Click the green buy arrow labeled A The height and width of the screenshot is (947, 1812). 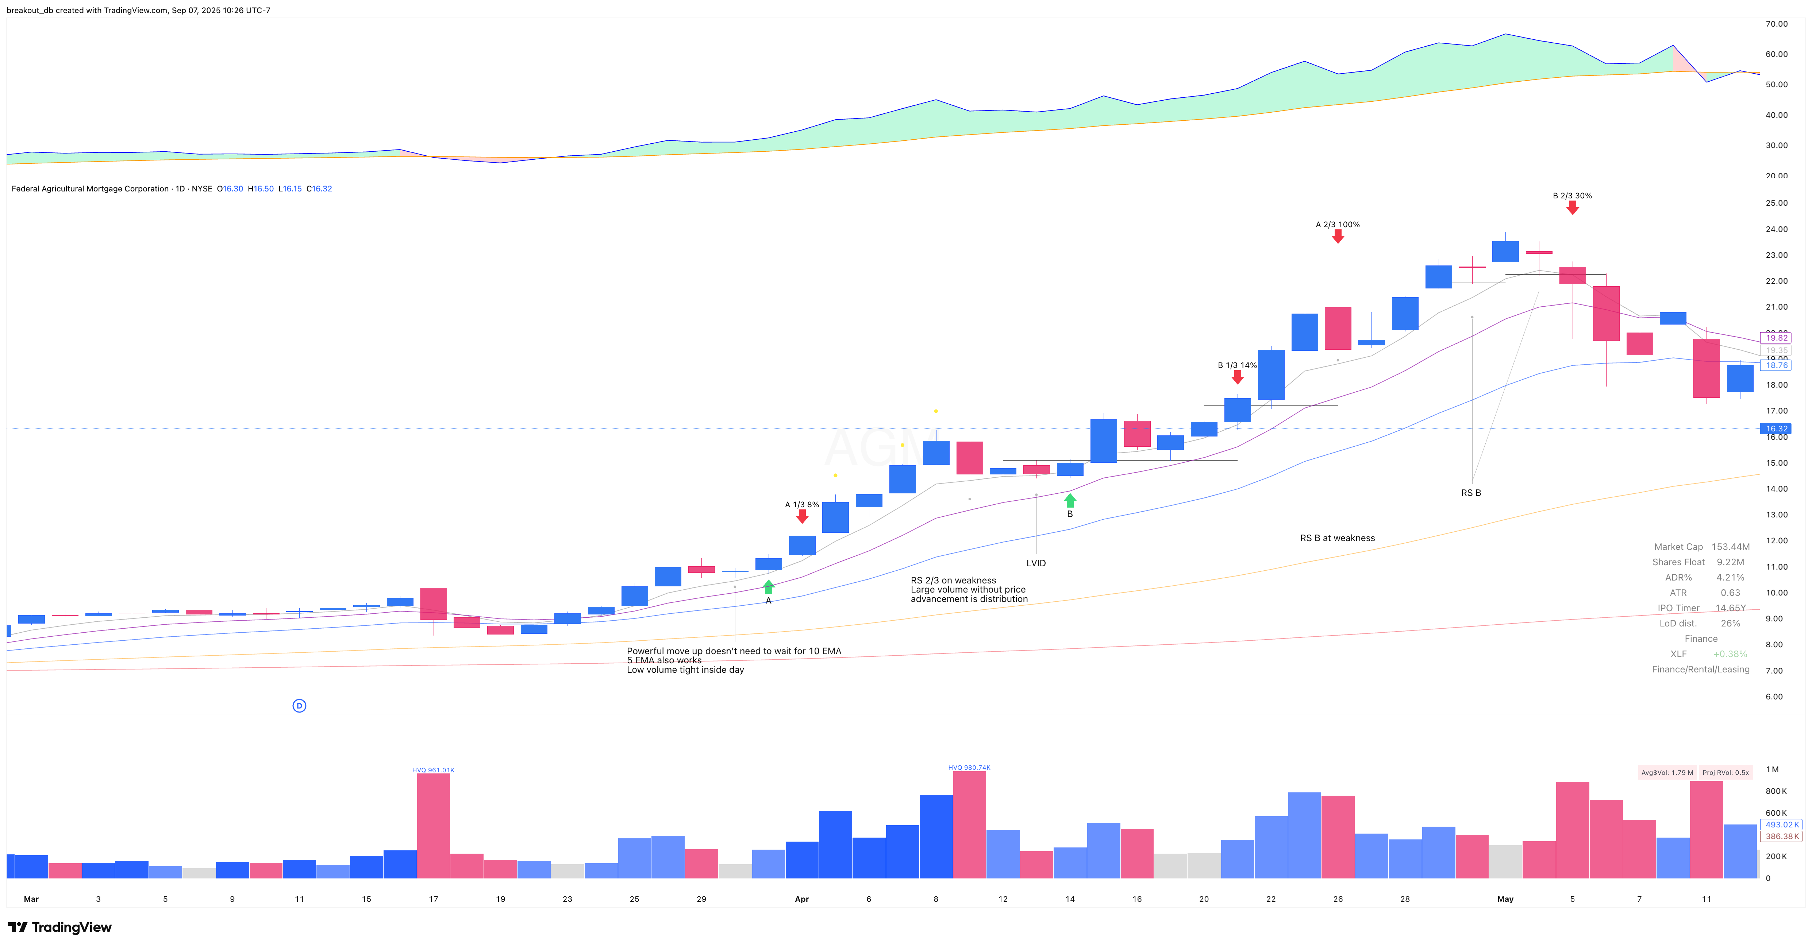[x=768, y=586]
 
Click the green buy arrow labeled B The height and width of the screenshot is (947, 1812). [x=1070, y=500]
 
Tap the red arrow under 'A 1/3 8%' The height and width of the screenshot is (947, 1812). [x=802, y=517]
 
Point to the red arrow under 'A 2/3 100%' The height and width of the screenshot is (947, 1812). [x=1338, y=237]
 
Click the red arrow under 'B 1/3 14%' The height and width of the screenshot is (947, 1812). [x=1237, y=377]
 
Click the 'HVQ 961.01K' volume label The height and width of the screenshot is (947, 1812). [x=433, y=770]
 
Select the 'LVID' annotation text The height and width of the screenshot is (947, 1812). [x=1035, y=563]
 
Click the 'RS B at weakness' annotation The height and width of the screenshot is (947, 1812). [x=1337, y=538]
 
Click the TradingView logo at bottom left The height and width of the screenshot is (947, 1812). [x=60, y=927]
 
